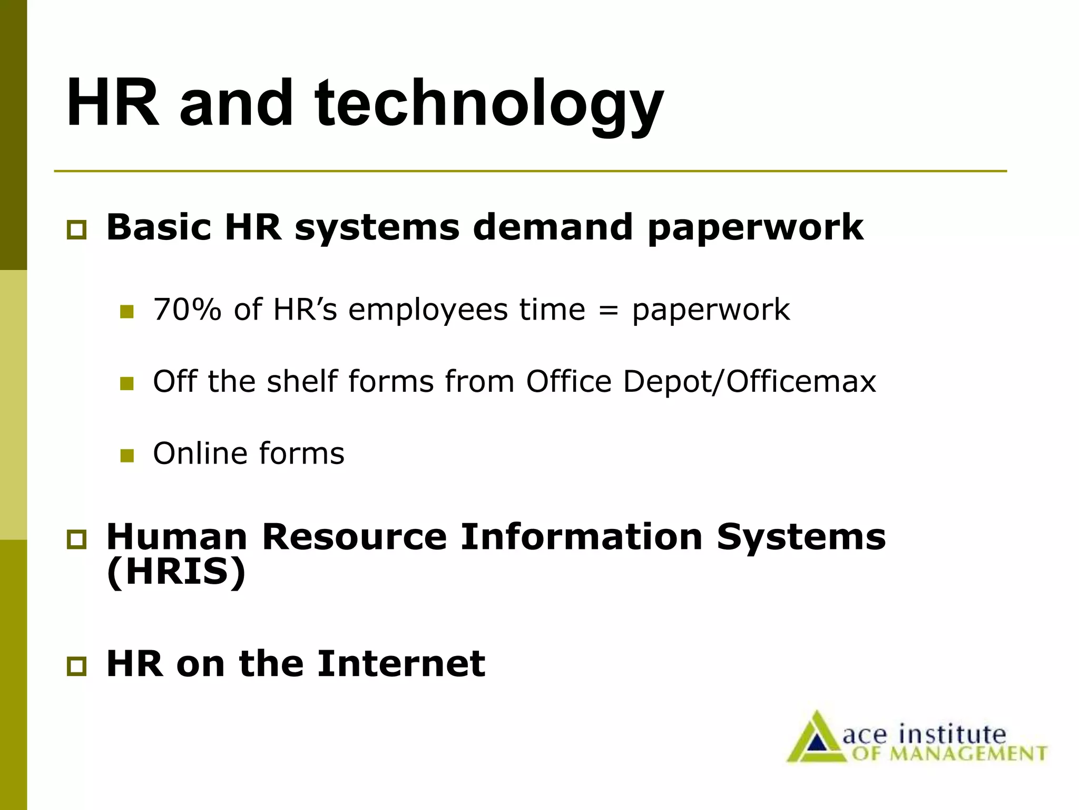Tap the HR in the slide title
113,102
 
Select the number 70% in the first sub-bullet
187,310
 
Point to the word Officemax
801,381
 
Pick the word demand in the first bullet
553,227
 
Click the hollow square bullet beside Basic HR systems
76,230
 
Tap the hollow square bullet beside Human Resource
76,540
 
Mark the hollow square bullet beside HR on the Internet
76,667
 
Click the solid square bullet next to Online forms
127,456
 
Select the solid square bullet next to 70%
127,312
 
